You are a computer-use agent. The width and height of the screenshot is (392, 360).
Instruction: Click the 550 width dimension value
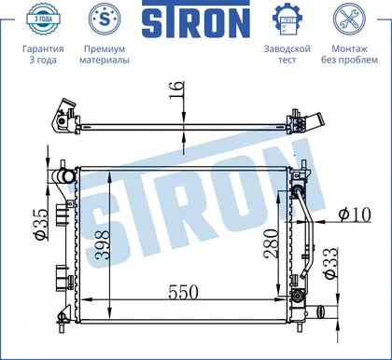tap(183, 292)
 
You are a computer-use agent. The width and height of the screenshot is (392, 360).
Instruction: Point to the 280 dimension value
tap(272, 244)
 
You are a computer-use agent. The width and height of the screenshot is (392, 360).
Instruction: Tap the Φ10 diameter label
tap(355, 215)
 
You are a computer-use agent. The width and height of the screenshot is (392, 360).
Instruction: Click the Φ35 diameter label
tap(42, 224)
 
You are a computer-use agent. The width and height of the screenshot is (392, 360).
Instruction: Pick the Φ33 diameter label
tap(330, 263)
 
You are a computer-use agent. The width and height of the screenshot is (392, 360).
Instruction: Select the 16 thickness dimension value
tap(176, 90)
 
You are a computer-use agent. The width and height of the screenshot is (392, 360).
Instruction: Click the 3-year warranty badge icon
tap(43, 19)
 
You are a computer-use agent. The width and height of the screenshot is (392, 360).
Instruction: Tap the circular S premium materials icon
tap(105, 19)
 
